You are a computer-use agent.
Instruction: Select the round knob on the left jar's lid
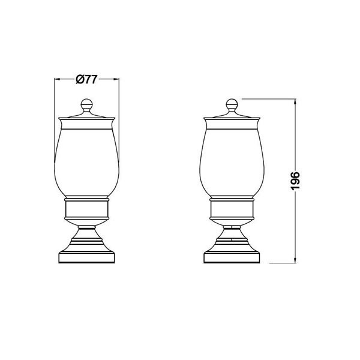(86, 106)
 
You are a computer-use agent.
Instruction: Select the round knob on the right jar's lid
(232, 106)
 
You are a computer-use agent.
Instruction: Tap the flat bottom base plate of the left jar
(86, 259)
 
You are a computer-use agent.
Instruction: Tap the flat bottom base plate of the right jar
(232, 259)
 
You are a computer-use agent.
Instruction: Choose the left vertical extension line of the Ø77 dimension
(55, 108)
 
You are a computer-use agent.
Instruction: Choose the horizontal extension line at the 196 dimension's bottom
(282, 262)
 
